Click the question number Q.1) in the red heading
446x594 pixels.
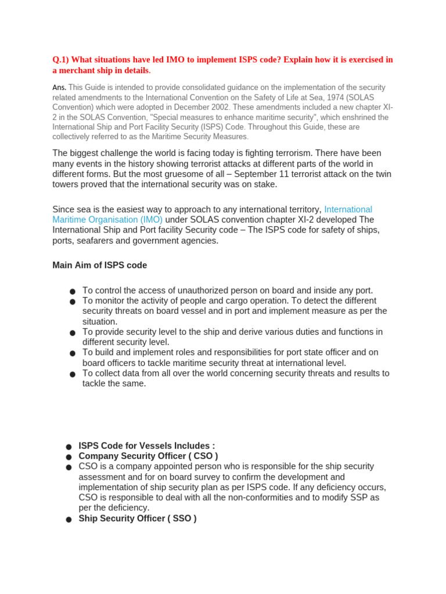coord(62,60)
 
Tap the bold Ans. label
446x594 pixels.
coord(59,88)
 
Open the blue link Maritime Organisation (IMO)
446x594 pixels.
coord(107,220)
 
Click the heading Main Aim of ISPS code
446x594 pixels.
coord(99,265)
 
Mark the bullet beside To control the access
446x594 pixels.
coord(72,291)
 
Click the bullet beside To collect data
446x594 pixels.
coord(72,374)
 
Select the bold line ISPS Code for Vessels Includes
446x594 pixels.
coord(146,446)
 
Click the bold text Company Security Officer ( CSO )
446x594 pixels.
coord(148,457)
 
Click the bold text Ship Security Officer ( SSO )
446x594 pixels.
coord(138,519)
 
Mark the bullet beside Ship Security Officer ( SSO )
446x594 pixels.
coord(69,519)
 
